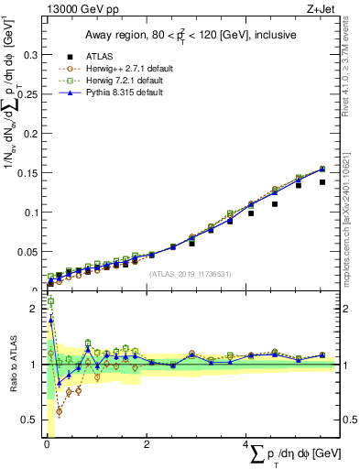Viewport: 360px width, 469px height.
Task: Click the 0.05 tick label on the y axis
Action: (26, 251)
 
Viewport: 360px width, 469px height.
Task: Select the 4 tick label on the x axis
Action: (246, 444)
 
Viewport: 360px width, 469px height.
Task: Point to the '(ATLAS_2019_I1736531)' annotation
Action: (191, 273)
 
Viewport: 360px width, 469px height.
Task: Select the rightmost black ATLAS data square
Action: (322, 182)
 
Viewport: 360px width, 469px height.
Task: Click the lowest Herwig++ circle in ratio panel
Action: (60, 411)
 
